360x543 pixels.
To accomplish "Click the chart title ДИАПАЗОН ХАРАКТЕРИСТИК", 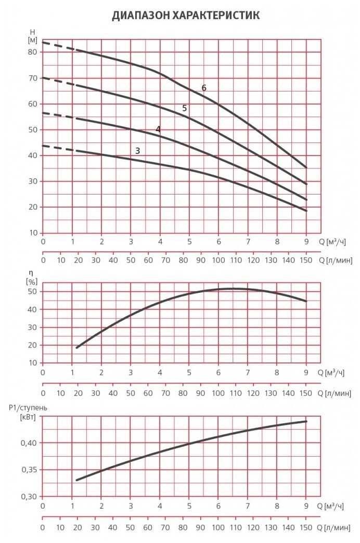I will [186, 16].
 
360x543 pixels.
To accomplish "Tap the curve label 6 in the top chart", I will [204, 88].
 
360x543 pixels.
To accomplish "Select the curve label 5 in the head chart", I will [184, 108].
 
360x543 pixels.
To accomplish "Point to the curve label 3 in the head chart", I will [137, 151].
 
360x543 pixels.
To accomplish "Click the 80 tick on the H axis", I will [32, 52].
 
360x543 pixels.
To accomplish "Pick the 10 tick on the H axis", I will [32, 233].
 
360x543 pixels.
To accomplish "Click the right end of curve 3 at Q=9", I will [306, 211].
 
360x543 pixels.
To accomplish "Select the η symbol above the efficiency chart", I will [31, 271].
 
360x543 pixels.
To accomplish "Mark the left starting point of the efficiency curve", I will [76, 347].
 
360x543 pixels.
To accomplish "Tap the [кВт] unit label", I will [29, 417].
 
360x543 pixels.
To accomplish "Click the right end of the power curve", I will [306, 421].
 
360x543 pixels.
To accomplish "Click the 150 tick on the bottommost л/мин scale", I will [306, 528].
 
